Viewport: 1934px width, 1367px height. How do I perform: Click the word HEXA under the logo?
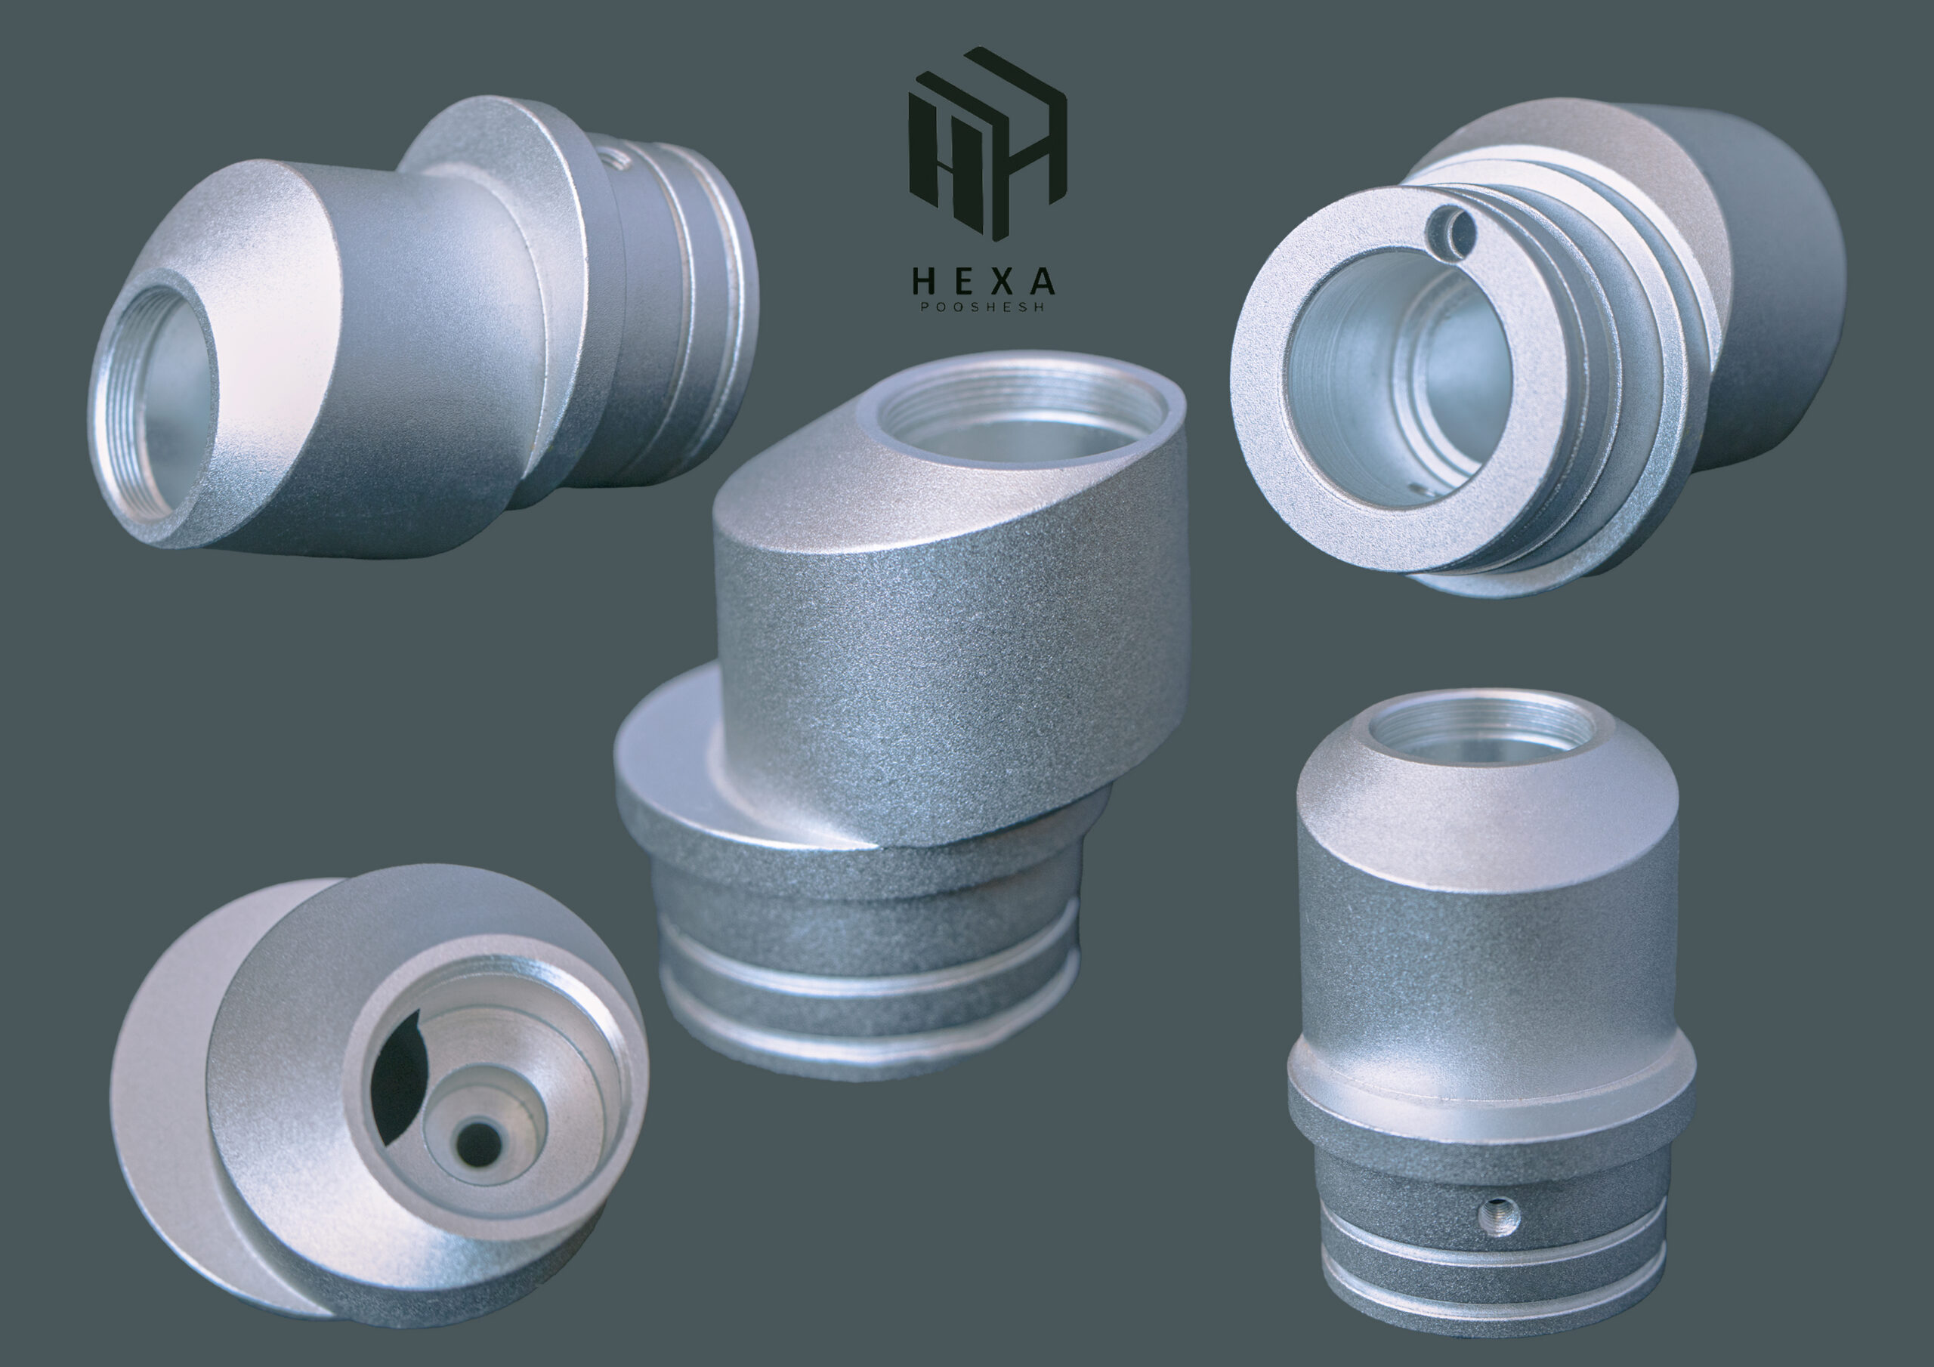tap(984, 280)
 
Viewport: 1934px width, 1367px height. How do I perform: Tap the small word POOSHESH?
tap(984, 307)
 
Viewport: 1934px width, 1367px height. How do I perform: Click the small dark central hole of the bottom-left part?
tap(478, 1143)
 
